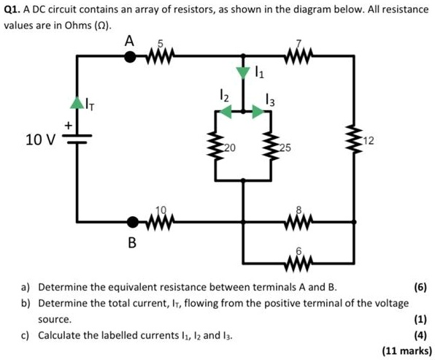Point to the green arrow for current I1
tap(243, 72)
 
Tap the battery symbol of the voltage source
tap(77, 139)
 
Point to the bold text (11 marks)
tap(407, 351)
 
